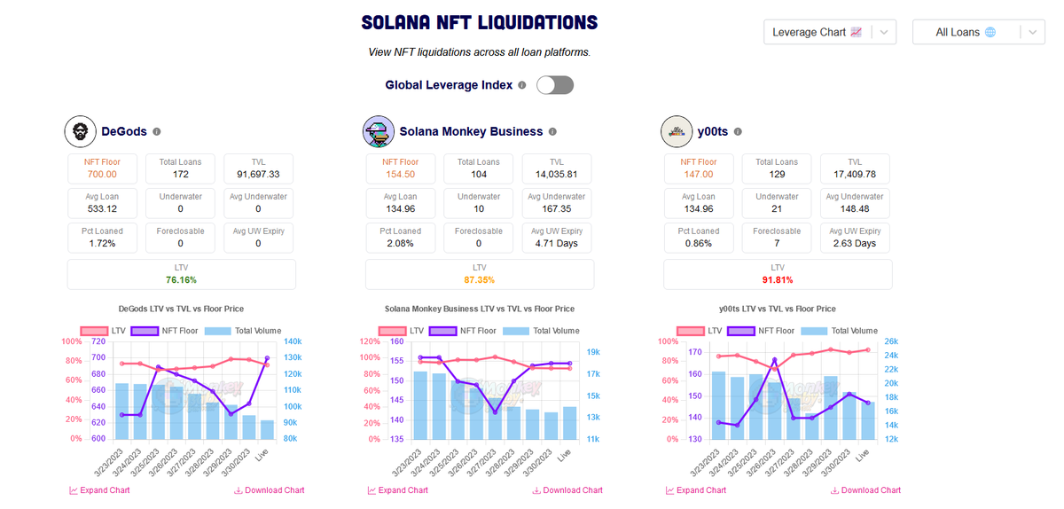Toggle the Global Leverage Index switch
[x=555, y=85]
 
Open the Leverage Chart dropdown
[x=830, y=32]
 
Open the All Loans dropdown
[x=979, y=32]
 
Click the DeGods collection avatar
[x=80, y=131]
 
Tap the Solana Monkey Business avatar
[x=379, y=131]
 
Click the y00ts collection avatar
[x=677, y=131]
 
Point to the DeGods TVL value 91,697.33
[x=258, y=175]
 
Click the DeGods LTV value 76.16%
[x=181, y=279]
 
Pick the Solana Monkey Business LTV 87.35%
[x=479, y=279]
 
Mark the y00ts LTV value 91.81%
[x=778, y=279]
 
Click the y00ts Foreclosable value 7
[x=777, y=244]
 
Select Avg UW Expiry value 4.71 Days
[x=557, y=244]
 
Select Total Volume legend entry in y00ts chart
[x=839, y=331]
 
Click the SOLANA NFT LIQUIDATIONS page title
[x=480, y=23]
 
